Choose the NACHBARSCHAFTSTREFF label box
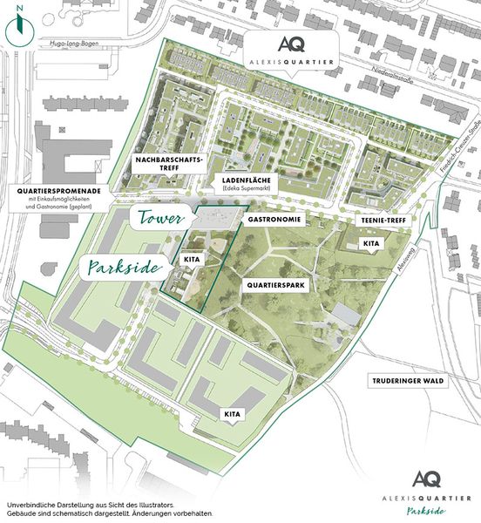(169, 166)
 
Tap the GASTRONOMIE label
(275, 221)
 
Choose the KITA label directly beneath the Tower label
(192, 259)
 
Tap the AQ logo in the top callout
(290, 43)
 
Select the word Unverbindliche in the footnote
(30, 506)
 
